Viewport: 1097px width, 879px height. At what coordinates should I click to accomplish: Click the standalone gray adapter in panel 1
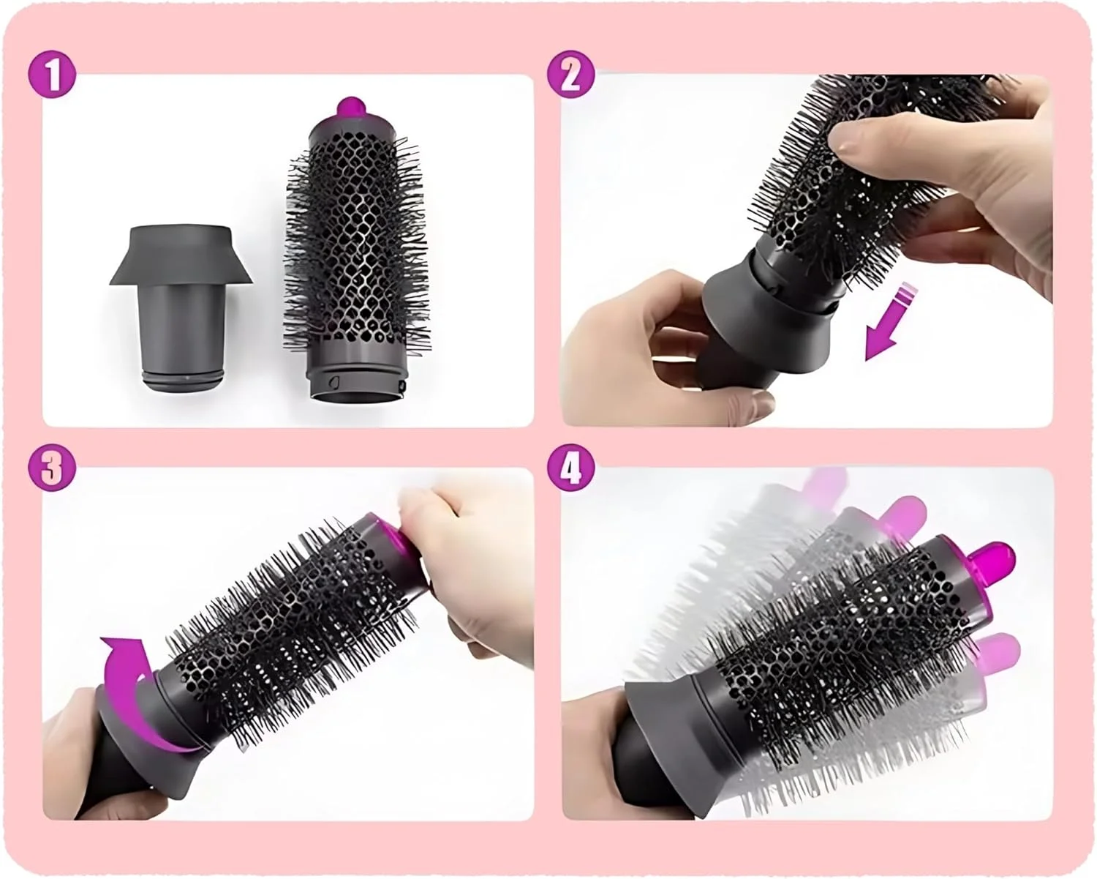coord(181,306)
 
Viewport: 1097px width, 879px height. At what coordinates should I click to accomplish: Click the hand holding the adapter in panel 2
coord(663,352)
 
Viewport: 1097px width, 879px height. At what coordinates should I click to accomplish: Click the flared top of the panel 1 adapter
coord(181,255)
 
